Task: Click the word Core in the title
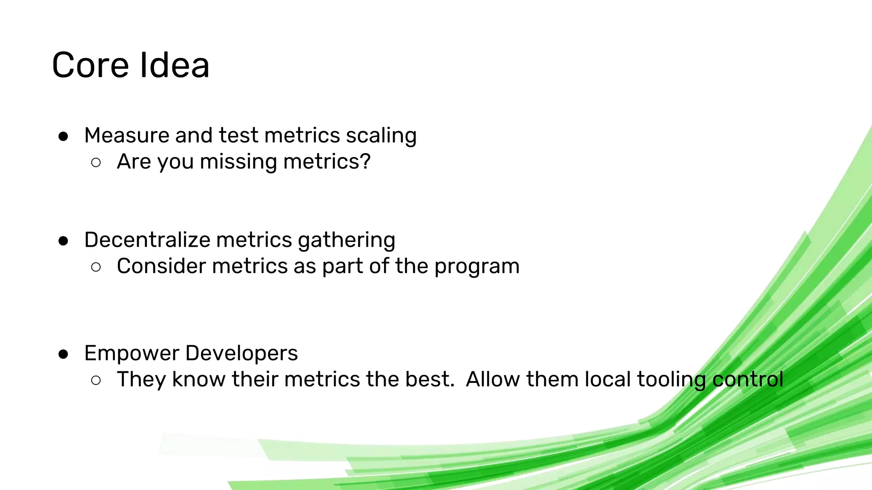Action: [90, 66]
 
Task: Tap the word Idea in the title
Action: [174, 66]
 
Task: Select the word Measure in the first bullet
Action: [126, 135]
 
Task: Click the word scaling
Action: [381, 136]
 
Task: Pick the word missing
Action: [238, 162]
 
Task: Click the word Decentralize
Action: [147, 240]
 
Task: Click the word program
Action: [477, 267]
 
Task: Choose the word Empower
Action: [132, 353]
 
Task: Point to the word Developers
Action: [241, 353]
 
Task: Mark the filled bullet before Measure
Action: [63, 137]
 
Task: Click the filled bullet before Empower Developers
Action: [63, 354]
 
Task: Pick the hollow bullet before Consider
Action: [96, 267]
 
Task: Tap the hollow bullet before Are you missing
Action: [96, 162]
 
